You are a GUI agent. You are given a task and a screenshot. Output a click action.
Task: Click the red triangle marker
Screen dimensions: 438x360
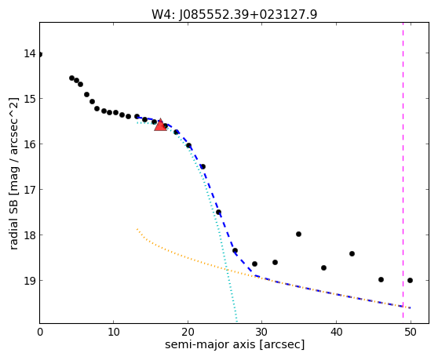(160, 125)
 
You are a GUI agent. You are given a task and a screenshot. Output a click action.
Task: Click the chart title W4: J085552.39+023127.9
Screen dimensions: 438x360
(235, 14)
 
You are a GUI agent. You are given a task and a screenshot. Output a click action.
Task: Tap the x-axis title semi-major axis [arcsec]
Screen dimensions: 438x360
(235, 344)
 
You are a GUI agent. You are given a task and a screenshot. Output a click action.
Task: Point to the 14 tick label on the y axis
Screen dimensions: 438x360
(30, 53)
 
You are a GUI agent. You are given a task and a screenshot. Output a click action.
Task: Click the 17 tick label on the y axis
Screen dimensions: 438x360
(30, 190)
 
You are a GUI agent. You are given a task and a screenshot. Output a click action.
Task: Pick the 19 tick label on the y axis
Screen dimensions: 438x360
(30, 281)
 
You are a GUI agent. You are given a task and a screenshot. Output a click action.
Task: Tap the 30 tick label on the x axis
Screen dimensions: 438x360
(262, 332)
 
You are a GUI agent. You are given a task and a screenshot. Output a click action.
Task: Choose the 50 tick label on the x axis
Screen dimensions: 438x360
(411, 332)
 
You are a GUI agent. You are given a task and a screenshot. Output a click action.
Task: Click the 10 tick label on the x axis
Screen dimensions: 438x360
(114, 332)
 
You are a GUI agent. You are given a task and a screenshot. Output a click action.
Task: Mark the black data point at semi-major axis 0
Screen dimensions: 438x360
(40, 54)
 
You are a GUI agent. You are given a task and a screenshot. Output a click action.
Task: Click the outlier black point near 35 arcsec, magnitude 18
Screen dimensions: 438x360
(298, 235)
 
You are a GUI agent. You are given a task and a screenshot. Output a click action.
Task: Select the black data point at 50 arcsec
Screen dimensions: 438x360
(410, 281)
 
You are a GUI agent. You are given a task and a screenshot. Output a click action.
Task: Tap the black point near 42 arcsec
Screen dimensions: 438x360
(352, 253)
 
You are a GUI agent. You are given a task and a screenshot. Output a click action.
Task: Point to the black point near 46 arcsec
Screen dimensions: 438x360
(381, 280)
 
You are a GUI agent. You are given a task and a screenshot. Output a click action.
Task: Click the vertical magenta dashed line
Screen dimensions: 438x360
(403, 170)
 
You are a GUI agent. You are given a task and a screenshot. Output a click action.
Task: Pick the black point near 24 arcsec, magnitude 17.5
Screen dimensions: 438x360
(218, 212)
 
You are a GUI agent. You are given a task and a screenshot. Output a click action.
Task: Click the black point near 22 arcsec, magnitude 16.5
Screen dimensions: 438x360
(203, 166)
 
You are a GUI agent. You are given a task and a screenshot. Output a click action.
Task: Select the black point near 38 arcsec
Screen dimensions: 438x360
(323, 268)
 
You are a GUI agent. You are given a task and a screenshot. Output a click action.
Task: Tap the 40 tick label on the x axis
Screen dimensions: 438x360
(336, 332)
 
